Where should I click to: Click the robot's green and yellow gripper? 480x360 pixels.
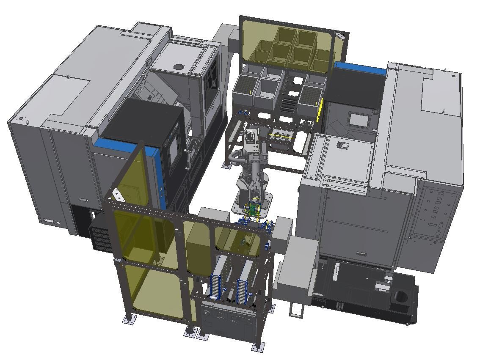[253, 209]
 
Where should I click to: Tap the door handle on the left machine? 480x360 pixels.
[187, 158]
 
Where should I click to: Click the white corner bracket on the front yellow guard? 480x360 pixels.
[116, 195]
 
